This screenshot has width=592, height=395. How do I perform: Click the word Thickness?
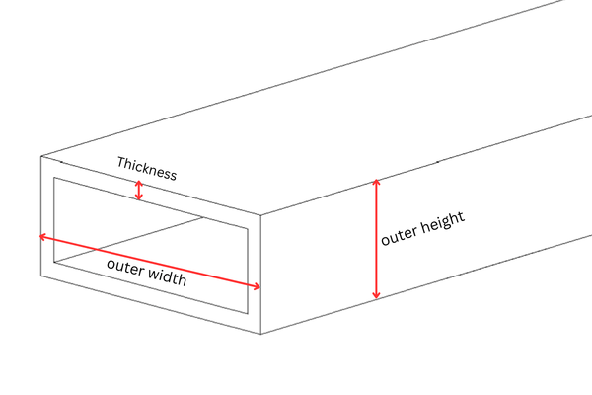pos(146,168)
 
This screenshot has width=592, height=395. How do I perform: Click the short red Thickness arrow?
pos(139,191)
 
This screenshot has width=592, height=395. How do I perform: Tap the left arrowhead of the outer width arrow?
pos(42,237)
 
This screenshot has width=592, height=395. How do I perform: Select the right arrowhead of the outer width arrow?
pos(258,286)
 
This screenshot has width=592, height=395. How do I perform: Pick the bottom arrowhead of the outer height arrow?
pos(375,296)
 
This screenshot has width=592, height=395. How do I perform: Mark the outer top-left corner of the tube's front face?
pos(39,156)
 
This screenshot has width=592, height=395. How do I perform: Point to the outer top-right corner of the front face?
pos(261,214)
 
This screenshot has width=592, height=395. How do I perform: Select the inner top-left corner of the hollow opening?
pos(53,178)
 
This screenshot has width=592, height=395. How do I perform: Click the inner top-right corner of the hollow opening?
pos(248,227)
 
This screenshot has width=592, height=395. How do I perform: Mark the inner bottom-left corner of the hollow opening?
pos(53,264)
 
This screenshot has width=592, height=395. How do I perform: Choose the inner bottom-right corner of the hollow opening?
pos(248,314)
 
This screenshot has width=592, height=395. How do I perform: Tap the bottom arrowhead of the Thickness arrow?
pos(139,198)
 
